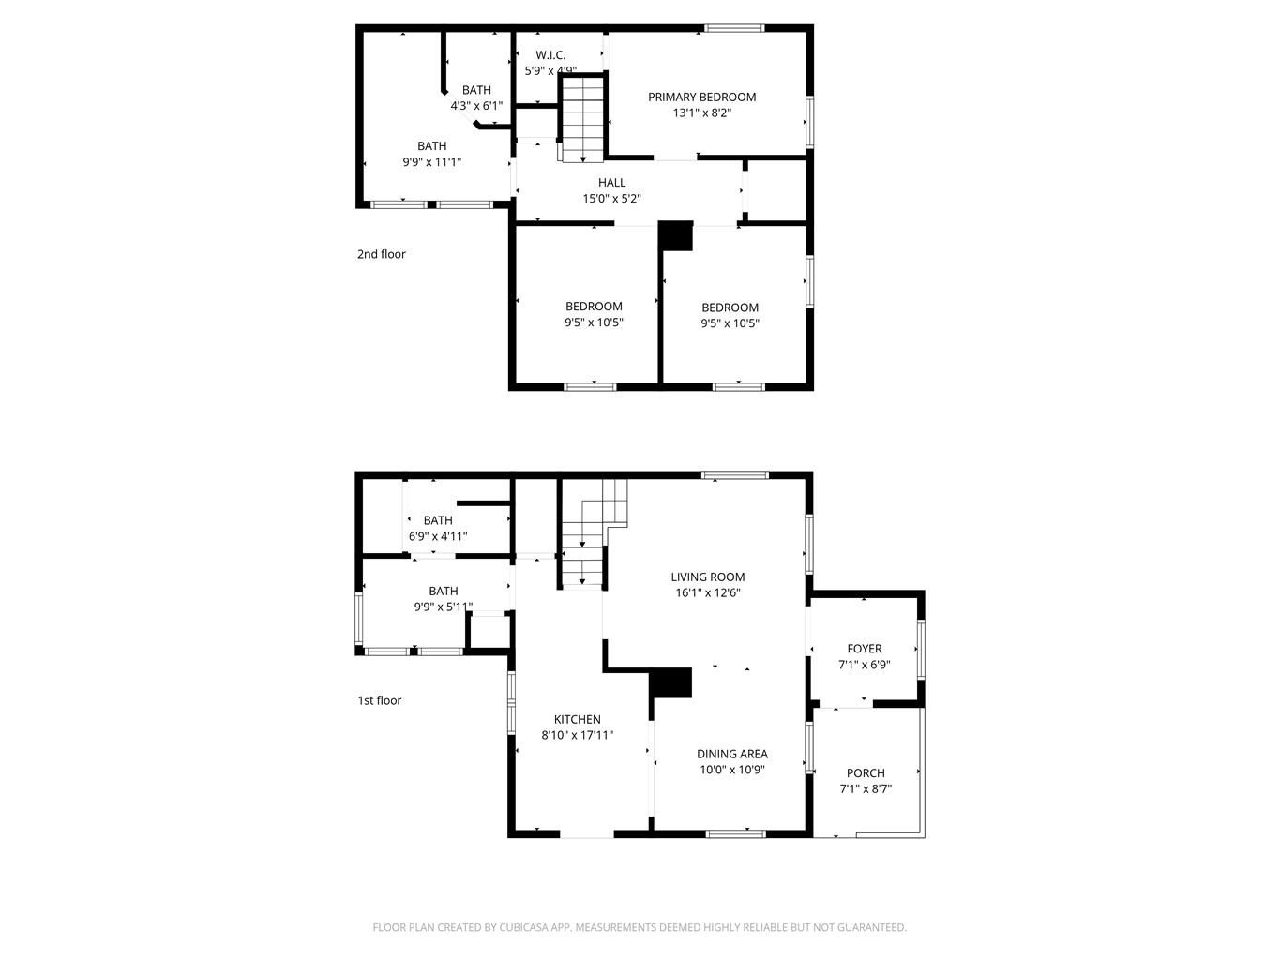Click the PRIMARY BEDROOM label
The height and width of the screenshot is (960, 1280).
pos(701,97)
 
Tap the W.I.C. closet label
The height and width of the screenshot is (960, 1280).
pos(550,55)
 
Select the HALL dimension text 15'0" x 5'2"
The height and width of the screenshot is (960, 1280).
pos(611,198)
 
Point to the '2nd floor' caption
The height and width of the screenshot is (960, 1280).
pos(382,254)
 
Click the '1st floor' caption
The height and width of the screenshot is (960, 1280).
pos(380,700)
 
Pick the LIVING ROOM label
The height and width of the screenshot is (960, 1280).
pos(707,577)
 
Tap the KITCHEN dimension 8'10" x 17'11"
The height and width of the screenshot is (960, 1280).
pos(578,735)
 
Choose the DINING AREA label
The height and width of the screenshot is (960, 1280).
pos(731,754)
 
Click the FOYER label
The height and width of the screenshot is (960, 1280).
pos(865,649)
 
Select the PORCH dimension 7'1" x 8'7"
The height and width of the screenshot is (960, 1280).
pos(866,788)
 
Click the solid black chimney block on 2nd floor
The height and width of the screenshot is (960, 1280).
pos(676,235)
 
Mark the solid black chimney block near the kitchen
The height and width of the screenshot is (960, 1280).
pos(670,682)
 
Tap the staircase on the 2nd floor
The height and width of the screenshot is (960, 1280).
pos(582,119)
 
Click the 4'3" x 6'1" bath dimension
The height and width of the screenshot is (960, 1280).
pos(476,106)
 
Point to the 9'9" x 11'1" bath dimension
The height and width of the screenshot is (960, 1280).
pos(431,162)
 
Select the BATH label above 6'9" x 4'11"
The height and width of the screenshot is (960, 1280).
pos(438,520)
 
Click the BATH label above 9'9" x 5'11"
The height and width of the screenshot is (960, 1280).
pos(444,591)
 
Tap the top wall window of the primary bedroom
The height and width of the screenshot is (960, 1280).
pos(734,28)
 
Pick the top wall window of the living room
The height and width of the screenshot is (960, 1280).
pos(735,475)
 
